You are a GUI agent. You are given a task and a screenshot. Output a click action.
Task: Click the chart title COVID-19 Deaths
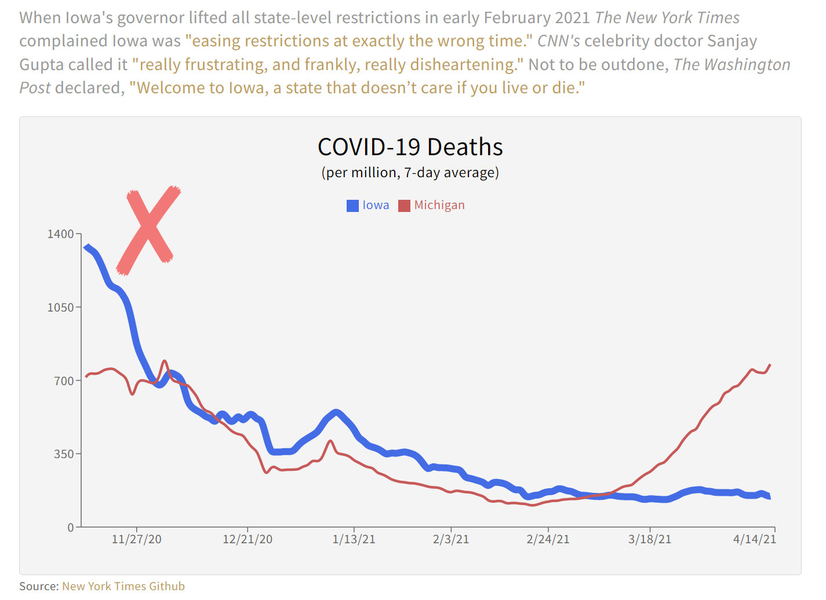point(410,147)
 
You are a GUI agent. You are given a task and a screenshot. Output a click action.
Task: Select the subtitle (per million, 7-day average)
point(410,173)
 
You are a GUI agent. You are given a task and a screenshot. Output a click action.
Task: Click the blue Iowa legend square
point(352,206)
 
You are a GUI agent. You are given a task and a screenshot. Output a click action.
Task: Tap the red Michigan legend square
point(404,206)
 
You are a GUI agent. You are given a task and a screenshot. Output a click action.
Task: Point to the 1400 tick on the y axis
point(61,234)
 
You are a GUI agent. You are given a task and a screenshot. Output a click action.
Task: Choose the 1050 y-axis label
point(61,308)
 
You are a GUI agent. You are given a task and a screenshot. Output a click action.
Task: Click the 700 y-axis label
point(64,381)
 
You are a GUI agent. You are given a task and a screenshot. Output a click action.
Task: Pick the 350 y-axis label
point(64,454)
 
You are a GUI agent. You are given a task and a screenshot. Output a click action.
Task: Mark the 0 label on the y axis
point(71,527)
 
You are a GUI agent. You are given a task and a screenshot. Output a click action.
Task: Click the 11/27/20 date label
point(137,539)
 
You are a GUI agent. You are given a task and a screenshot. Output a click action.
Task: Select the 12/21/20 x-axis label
point(248,539)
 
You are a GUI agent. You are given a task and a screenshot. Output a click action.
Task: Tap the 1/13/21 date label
point(354,539)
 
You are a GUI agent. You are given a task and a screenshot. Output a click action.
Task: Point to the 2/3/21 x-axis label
point(451,539)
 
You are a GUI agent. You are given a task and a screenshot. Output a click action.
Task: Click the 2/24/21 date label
point(548,539)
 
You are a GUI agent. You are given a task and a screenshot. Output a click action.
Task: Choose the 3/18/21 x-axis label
point(650,539)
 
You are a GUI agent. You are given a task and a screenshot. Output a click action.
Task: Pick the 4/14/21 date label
point(754,539)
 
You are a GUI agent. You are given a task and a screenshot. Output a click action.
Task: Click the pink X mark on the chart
point(148,229)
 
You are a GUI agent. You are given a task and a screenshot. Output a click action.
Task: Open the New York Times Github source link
point(123,586)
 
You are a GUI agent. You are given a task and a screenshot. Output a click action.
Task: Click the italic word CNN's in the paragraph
point(558,41)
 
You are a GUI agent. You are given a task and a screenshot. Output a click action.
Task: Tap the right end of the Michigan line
point(770,365)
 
